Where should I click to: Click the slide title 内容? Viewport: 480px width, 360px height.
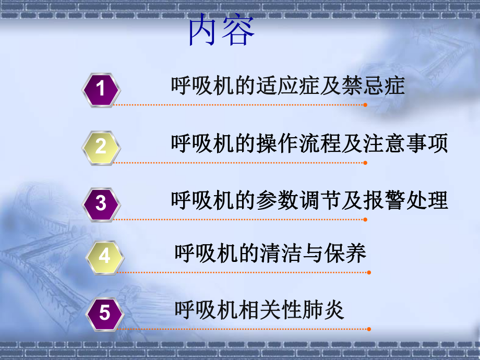pyautogui.click(x=221, y=32)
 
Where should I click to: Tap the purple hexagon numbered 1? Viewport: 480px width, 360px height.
pyautogui.click(x=101, y=89)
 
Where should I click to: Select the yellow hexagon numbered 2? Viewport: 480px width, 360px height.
pyautogui.click(x=101, y=146)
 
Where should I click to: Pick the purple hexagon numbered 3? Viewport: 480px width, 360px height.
pyautogui.click(x=101, y=203)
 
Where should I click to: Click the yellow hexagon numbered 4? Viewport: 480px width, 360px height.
pyautogui.click(x=105, y=256)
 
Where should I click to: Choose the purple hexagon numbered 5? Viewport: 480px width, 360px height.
pyautogui.click(x=105, y=313)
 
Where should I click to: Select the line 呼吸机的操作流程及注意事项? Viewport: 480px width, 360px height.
pyautogui.click(x=309, y=143)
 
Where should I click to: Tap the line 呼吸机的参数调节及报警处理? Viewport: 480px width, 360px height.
pyautogui.click(x=309, y=200)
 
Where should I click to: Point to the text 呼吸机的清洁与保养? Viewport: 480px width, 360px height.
pyautogui.click(x=270, y=254)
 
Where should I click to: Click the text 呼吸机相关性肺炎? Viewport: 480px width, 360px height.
pyautogui.click(x=259, y=311)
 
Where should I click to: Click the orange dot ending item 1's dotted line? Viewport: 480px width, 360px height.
pyautogui.click(x=365, y=105)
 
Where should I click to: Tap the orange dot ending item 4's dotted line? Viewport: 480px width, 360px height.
pyautogui.click(x=369, y=272)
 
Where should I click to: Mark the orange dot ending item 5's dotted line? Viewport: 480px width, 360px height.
pyautogui.click(x=369, y=329)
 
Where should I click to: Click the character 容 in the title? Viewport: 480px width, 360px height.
pyautogui.click(x=238, y=32)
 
